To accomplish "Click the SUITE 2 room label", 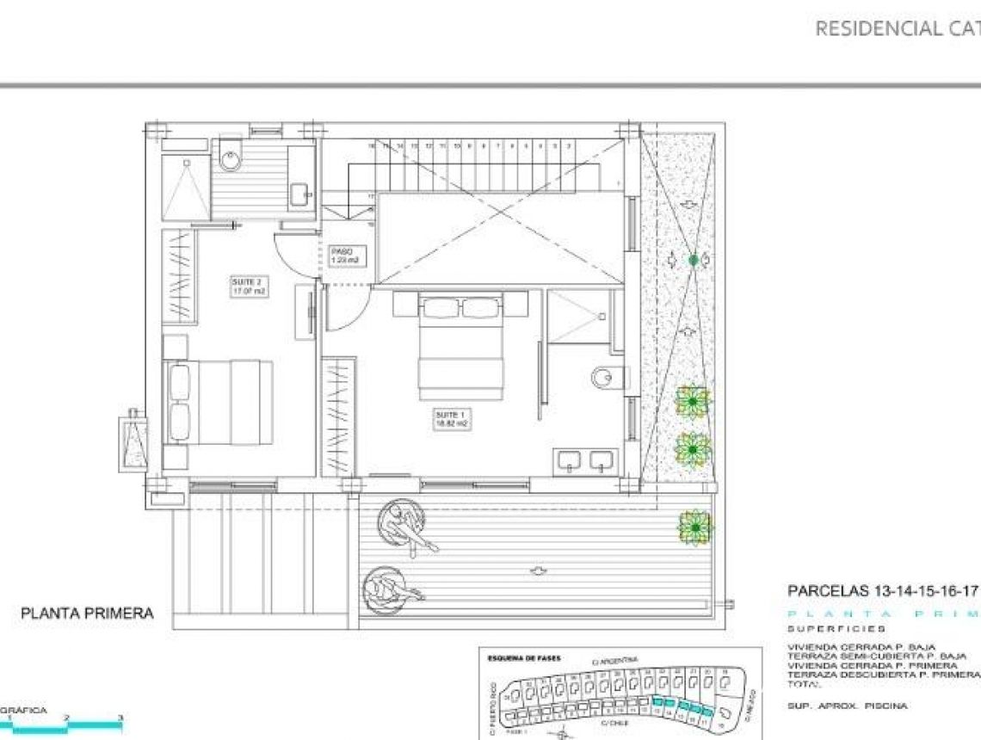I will click(249, 287).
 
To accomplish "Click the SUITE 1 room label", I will click(453, 419).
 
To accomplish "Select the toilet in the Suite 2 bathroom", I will click(231, 159).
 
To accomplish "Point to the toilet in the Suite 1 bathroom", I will click(606, 376).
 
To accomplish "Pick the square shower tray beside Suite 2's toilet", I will click(186, 190).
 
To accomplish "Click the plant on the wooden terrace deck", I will click(694, 527).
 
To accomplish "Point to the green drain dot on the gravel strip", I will click(694, 260).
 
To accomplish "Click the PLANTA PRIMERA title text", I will click(87, 614).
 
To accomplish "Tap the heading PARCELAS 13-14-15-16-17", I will click(883, 592).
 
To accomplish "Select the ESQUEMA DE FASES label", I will click(524, 658).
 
